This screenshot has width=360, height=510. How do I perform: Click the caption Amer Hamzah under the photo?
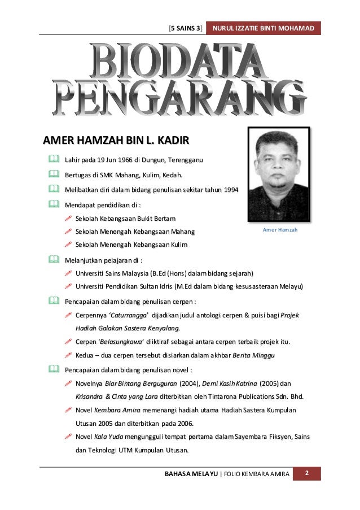[279, 230]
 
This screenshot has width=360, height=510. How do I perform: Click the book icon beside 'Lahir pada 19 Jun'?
[53, 161]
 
